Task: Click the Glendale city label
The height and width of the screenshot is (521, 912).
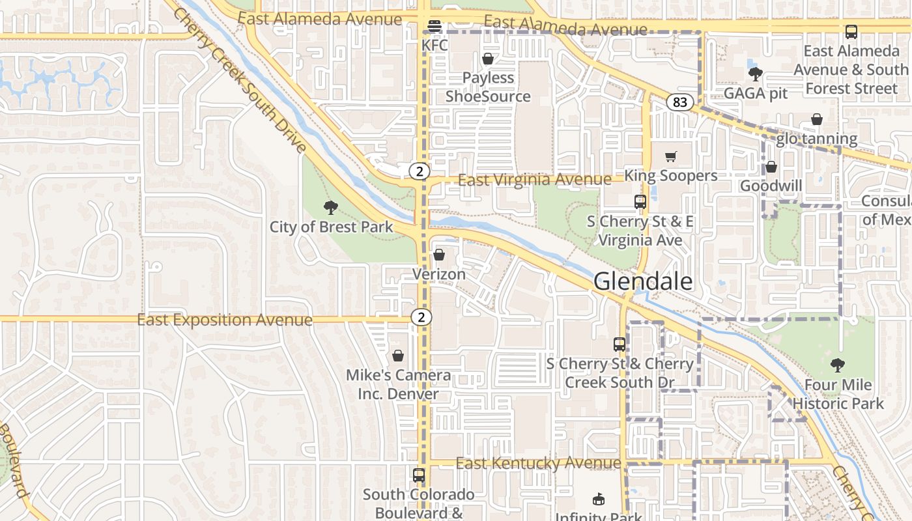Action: coord(643,281)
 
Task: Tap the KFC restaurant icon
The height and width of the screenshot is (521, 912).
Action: coord(434,26)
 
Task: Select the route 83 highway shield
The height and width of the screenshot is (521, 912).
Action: coord(680,102)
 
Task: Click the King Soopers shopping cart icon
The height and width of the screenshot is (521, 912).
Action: coord(671,156)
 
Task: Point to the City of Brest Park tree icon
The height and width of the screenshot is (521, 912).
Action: coord(331,208)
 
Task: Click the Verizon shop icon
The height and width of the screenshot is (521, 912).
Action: coord(439,255)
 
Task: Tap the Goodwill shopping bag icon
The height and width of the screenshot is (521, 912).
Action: coord(771,167)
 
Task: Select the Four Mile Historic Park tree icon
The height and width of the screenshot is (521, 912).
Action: coord(838,365)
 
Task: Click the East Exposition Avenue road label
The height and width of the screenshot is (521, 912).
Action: coord(225,320)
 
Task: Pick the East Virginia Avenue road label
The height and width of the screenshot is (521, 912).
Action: coord(534,179)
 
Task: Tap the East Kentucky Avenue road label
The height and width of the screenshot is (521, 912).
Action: coord(538,463)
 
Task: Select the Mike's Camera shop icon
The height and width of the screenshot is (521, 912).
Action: coord(398,356)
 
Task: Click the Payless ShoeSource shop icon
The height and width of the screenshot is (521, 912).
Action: coord(488,59)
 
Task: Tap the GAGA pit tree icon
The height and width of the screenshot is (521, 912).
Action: coord(756,74)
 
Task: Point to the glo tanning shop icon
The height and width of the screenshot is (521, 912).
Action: coord(817,119)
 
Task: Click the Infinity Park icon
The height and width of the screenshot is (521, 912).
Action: coord(599,500)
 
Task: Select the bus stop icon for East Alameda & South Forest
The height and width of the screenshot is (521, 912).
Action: coord(851,31)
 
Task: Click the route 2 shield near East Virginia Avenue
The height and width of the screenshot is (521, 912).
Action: coord(420,171)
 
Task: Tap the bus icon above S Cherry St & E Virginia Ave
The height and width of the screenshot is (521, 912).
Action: coord(640,202)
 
